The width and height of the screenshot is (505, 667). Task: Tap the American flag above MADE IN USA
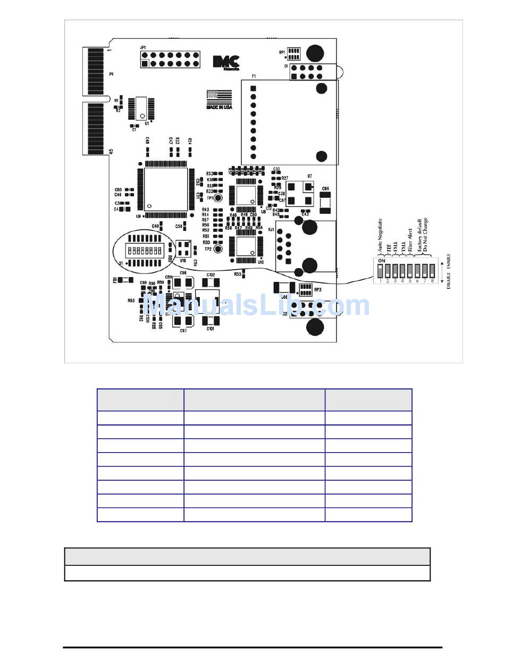coord(219,97)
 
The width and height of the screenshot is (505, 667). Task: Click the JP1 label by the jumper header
coord(142,48)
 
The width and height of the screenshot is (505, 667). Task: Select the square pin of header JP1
coord(144,64)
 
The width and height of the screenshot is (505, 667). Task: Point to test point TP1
coord(217,198)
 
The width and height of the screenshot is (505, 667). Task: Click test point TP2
coord(217,248)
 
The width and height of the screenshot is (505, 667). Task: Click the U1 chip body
coord(141,107)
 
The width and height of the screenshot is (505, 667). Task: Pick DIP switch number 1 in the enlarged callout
coord(381,271)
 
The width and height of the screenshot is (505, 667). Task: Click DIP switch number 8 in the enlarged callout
coord(433,271)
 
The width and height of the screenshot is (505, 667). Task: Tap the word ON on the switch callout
coord(381,261)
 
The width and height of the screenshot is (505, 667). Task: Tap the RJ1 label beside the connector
coord(271,230)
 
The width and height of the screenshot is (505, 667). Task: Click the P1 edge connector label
coord(111,74)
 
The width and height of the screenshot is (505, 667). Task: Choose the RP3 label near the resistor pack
coord(317,290)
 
